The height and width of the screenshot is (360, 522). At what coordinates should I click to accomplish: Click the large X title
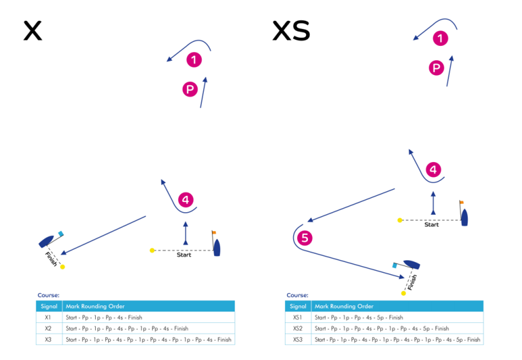[x=32, y=30]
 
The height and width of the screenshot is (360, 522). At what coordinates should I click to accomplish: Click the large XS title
[x=290, y=30]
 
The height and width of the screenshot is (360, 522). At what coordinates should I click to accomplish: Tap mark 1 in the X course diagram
[x=194, y=60]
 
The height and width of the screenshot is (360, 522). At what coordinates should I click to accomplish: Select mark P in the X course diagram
[x=190, y=88]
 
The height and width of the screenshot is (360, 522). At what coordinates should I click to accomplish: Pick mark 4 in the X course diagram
[x=186, y=200]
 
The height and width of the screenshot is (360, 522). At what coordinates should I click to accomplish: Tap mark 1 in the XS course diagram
[x=440, y=39]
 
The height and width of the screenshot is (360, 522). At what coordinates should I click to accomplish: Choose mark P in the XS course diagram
[x=437, y=68]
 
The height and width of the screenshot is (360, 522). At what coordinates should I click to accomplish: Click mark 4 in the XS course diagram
[x=434, y=170]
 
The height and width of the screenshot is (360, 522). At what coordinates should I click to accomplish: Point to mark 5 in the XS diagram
[x=305, y=238]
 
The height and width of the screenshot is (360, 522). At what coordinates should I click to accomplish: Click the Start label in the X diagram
[x=184, y=255]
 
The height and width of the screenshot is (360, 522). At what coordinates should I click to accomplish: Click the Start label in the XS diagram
[x=432, y=225]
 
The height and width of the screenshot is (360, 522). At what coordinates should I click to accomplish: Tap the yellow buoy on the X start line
[x=152, y=251]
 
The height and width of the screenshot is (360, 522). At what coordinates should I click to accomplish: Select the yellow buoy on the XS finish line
[x=404, y=293]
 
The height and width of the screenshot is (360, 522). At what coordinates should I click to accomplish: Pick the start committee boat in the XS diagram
[x=465, y=216]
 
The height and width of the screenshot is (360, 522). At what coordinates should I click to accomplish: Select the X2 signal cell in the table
[x=49, y=328]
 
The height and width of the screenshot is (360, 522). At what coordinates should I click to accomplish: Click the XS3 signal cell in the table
[x=298, y=340]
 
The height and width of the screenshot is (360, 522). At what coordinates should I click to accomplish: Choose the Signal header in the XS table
[x=298, y=306]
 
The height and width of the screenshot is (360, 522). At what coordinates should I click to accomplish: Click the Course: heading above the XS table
[x=298, y=295]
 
